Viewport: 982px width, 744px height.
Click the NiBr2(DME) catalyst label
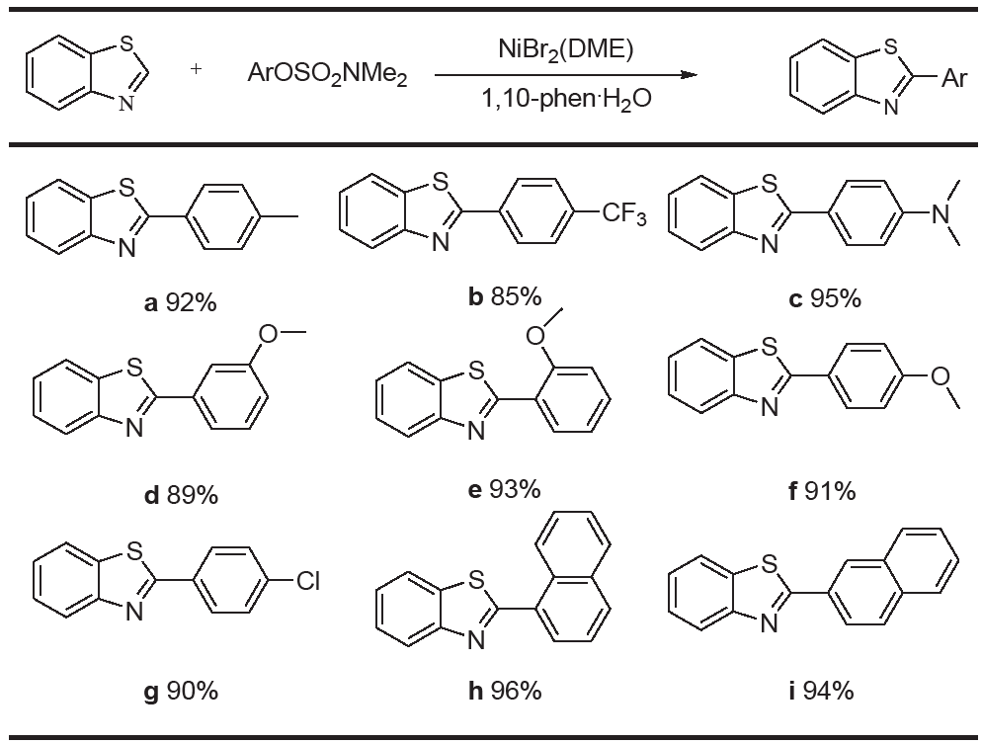pyautogui.click(x=565, y=49)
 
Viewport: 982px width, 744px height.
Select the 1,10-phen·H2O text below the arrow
pyautogui.click(x=566, y=99)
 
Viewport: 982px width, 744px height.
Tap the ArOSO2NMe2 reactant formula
pyautogui.click(x=328, y=74)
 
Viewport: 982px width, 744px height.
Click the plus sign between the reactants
pyautogui.click(x=196, y=68)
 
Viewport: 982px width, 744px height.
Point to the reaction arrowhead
pyautogui.click(x=689, y=75)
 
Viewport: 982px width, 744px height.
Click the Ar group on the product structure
pyautogui.click(x=954, y=78)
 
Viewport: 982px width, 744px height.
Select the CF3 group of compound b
pyautogui.click(x=623, y=214)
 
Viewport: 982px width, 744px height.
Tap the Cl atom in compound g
pyautogui.click(x=307, y=581)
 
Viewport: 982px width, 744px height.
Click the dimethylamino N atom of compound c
pyautogui.click(x=941, y=214)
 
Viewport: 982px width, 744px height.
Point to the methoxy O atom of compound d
pyautogui.click(x=268, y=334)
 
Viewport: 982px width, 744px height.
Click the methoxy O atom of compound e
pyautogui.click(x=534, y=336)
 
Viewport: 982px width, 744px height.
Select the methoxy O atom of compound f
pyautogui.click(x=941, y=375)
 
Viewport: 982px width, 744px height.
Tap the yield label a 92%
pyautogui.click(x=181, y=303)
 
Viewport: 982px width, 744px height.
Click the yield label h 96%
pyautogui.click(x=505, y=691)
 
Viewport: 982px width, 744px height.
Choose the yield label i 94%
pyautogui.click(x=821, y=691)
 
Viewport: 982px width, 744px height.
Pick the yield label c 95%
pyautogui.click(x=825, y=299)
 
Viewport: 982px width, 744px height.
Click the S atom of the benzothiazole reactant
pyautogui.click(x=125, y=43)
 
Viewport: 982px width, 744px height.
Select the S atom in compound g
pyautogui.click(x=134, y=551)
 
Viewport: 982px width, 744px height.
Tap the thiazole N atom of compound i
pyautogui.click(x=769, y=623)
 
